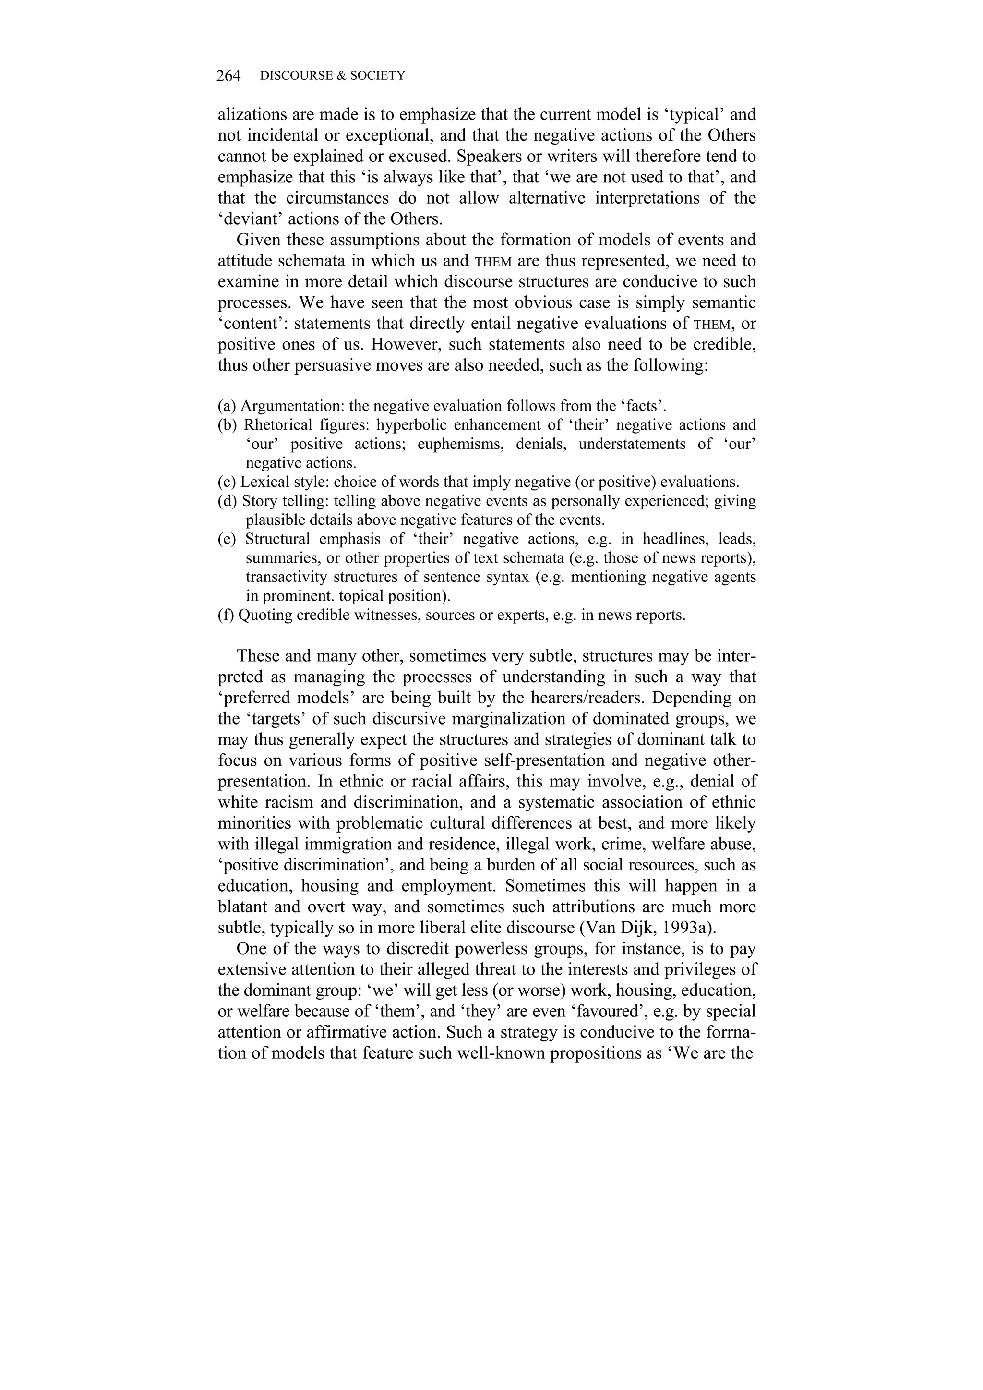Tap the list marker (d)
click(x=228, y=501)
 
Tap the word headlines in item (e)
click(x=675, y=539)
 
